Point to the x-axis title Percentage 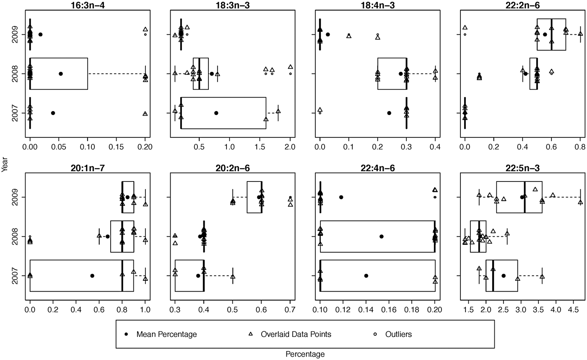[305, 354]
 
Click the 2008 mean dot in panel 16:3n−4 [61, 74]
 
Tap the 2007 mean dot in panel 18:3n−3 [216, 113]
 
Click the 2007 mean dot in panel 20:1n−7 [92, 276]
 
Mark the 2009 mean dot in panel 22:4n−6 [341, 197]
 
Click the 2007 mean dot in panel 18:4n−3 [389, 113]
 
